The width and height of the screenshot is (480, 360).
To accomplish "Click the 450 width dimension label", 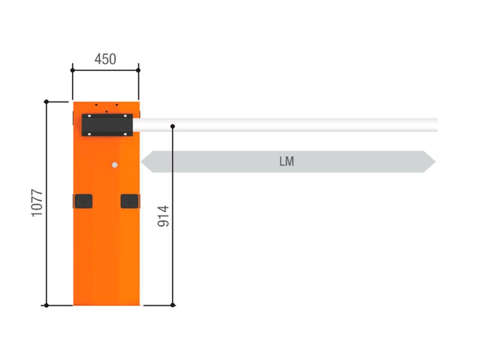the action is click(106, 59).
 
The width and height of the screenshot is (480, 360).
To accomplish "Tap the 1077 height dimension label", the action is click(37, 203).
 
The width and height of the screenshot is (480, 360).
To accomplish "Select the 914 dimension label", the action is click(163, 216).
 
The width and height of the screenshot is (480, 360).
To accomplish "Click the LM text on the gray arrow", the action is click(287, 161).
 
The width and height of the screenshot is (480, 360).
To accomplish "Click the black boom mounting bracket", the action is click(107, 125).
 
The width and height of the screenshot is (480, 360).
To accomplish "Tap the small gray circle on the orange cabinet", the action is click(115, 165).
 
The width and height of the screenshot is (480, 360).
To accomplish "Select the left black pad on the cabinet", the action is click(83, 201).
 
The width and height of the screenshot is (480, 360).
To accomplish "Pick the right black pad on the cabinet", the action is click(130, 201).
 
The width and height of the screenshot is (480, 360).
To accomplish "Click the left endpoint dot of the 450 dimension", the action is click(73, 70).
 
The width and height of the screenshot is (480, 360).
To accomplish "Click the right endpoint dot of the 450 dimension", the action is click(139, 70).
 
